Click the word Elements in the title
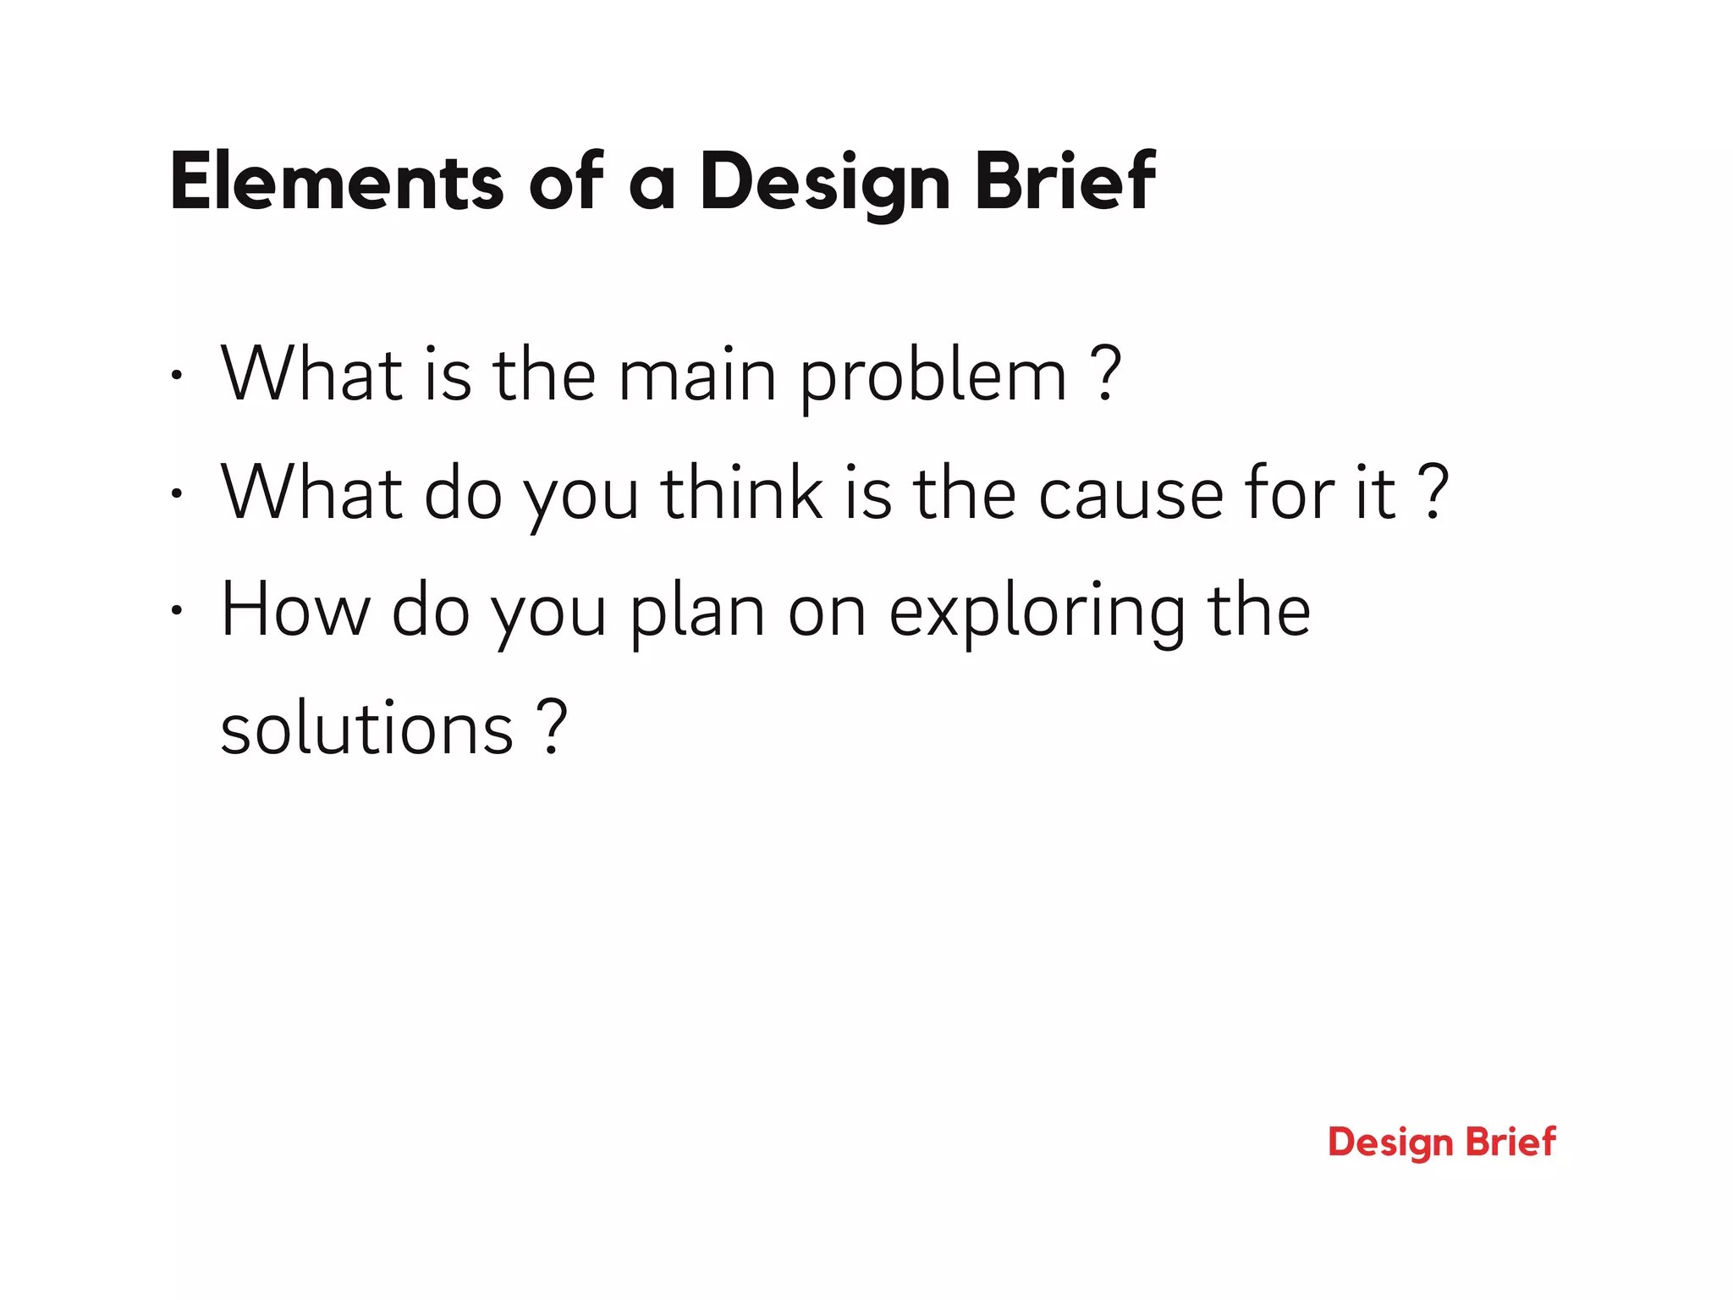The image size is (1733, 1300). (336, 182)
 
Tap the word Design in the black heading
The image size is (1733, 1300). (824, 182)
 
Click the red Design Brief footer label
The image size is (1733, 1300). (1441, 1143)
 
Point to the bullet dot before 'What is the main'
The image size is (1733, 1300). (175, 376)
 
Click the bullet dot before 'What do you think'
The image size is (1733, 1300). (175, 493)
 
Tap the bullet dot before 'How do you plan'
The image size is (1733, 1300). (175, 610)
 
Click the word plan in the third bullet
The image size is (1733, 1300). (697, 614)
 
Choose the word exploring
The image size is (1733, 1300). (1037, 614)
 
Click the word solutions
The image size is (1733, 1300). (366, 729)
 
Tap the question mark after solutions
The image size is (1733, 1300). (552, 727)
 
